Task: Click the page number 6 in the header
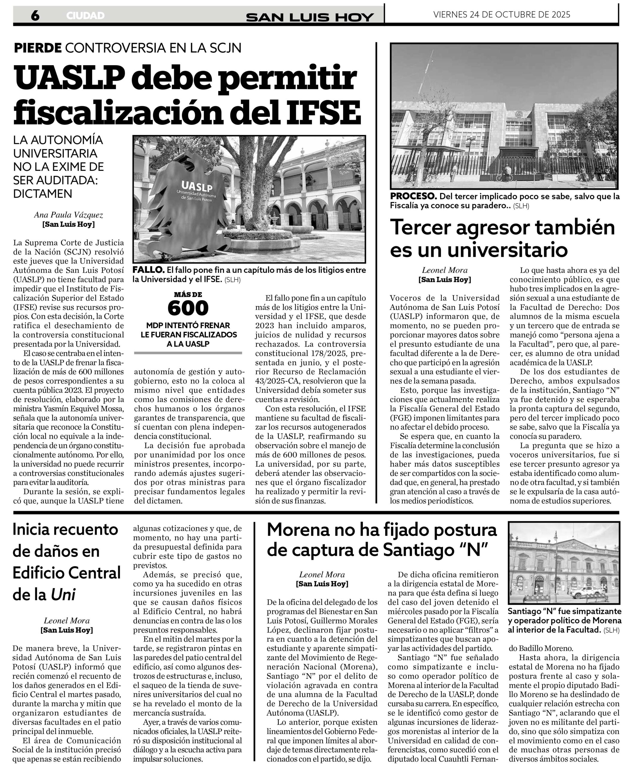pos(35,15)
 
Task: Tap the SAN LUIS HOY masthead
pos(310,17)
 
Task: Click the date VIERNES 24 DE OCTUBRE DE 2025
pos(502,15)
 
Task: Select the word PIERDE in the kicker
pos(38,48)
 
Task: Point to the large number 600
pos(188,308)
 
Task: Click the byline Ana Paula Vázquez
pos(69,215)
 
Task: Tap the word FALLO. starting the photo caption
pos(148,270)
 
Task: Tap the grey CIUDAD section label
pos(85,16)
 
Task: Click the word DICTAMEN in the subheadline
pos(43,194)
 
